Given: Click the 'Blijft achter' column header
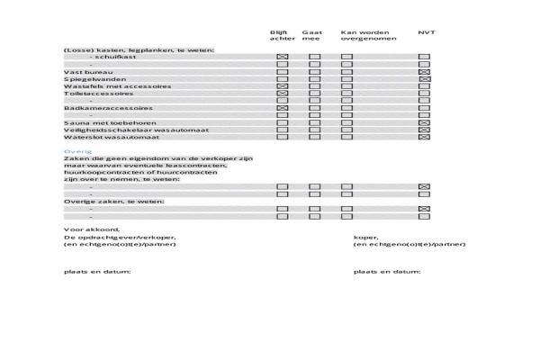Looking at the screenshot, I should (282, 36).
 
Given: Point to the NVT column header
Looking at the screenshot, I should (426, 32).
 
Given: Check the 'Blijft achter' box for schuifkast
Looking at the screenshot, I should (283, 57).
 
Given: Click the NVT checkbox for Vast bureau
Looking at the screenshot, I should (425, 71).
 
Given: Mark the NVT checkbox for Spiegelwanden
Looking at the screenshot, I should (425, 79).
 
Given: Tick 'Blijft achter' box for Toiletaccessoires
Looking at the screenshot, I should (283, 94).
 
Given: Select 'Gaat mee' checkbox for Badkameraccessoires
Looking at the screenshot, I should (315, 108).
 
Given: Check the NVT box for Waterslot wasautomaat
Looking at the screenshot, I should (425, 138).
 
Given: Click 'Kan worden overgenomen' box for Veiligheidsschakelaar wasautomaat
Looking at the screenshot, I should (346, 130).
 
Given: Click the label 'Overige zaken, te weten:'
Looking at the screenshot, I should (102, 202).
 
